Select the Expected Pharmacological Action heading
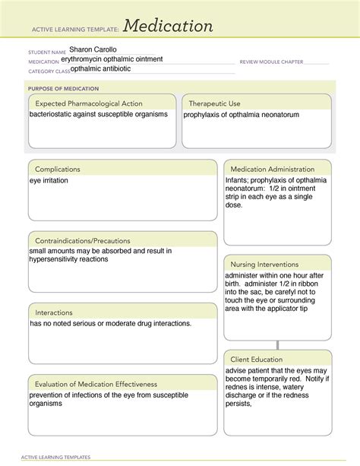tap(89, 103)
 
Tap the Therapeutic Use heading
tap(215, 103)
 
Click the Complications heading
tap(58, 169)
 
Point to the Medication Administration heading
tap(273, 169)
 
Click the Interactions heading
tap(54, 312)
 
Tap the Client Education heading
tap(257, 359)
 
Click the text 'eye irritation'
tap(49, 182)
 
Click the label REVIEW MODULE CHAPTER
tap(271, 62)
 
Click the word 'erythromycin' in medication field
tap(90, 59)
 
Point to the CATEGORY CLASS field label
tap(49, 71)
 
